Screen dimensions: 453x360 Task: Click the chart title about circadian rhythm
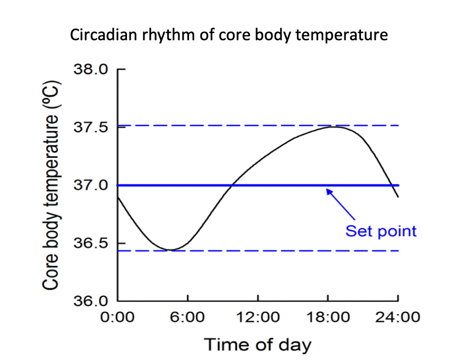229,35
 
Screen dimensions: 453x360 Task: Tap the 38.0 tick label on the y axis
90,69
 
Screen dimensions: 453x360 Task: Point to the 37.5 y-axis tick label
90,127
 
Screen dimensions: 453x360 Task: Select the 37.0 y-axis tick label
90,185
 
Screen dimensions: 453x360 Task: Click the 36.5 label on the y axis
90,243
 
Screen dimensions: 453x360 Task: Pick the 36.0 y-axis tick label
90,301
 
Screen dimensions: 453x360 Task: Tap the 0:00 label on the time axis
117,317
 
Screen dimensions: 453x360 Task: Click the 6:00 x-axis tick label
187,317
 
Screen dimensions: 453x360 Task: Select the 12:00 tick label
258,317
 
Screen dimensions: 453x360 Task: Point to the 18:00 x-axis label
328,317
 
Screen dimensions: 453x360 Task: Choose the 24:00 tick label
398,317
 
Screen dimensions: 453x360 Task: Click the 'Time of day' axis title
258,345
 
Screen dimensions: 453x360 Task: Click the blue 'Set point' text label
381,231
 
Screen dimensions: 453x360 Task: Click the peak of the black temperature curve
335,127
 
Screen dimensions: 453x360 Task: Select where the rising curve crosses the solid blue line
232,185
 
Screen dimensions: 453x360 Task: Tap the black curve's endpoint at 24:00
398,197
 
